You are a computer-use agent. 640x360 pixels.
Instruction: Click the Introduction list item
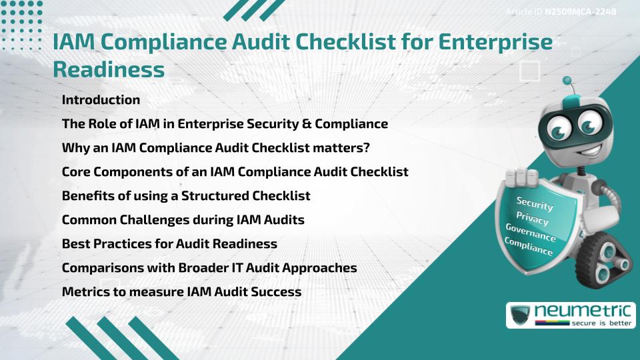click(x=101, y=100)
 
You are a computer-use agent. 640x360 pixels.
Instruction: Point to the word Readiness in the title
click(x=108, y=69)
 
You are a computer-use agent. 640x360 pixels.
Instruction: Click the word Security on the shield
click(x=534, y=204)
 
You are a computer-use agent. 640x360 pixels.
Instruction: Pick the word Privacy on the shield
click(x=532, y=219)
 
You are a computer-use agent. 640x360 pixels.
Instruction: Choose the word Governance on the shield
click(x=531, y=233)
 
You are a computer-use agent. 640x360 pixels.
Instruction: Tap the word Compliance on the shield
click(x=529, y=246)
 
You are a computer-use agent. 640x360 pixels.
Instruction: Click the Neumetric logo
click(x=571, y=314)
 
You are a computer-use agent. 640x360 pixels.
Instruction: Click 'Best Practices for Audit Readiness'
click(x=169, y=244)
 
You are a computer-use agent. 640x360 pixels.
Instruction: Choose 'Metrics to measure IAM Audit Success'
click(x=181, y=292)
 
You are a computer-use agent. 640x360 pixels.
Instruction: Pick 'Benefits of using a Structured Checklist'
click(x=186, y=196)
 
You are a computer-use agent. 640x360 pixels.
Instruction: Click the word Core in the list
click(x=75, y=172)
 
